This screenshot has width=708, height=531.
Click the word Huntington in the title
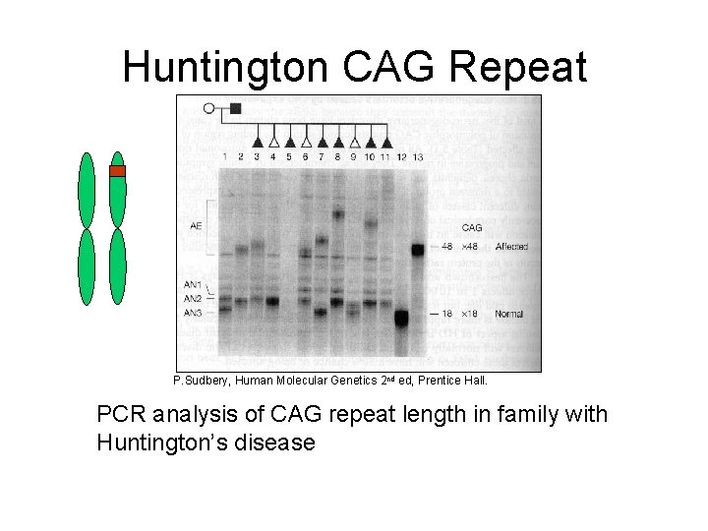[226, 68]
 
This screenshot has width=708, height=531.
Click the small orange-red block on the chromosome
[117, 171]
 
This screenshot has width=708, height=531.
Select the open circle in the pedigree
[208, 108]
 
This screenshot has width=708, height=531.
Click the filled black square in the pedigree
[235, 108]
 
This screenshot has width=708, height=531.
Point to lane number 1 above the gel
[225, 156]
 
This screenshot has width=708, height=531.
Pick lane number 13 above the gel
[418, 157]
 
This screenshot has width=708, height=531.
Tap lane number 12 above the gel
[401, 157]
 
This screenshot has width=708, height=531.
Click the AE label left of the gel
[196, 226]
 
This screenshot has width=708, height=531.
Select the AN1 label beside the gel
[193, 285]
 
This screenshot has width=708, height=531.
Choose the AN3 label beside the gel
[193, 312]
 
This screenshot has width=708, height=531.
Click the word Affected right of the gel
[511, 246]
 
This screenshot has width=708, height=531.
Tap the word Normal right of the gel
[508, 314]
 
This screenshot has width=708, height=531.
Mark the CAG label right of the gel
[471, 228]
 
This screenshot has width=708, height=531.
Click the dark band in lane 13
[418, 249]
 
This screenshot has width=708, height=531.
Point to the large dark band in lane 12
[401, 318]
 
